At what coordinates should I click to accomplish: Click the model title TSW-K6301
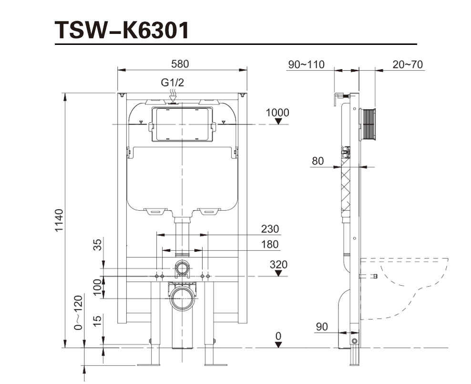point(122,30)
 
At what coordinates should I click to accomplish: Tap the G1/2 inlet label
point(172,83)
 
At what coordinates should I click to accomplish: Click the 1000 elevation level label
point(277,113)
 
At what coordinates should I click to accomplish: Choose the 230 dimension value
point(270,229)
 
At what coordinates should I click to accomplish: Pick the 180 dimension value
point(270,245)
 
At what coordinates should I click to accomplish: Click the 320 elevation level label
point(278,264)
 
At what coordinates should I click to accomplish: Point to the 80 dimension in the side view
point(317,161)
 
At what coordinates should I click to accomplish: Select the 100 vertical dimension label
point(98,287)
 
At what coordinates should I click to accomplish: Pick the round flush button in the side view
point(368,125)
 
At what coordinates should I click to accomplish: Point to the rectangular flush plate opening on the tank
point(182,125)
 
